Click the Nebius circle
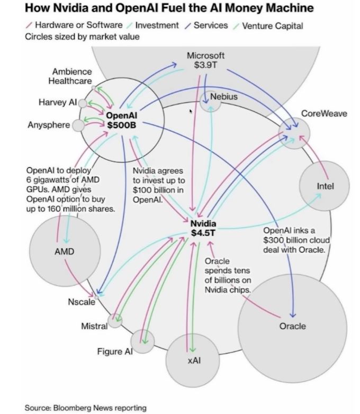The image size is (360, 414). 211,101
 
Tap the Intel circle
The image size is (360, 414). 324,186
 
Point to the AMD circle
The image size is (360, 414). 64,250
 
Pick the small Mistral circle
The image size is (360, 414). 115,320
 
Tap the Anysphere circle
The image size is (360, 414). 78,125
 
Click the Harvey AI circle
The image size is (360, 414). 83,103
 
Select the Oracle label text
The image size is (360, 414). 292,326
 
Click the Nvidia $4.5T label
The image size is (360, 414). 203,228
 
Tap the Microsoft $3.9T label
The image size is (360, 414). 205,60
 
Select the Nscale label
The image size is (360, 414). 81,302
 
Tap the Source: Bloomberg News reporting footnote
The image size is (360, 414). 85,408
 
